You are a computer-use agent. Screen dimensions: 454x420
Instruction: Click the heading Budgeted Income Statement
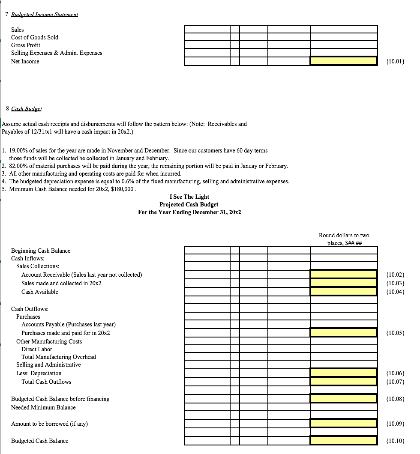pyautogui.click(x=44, y=14)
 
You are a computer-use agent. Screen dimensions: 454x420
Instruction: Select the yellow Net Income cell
pyautogui.click(x=344, y=61)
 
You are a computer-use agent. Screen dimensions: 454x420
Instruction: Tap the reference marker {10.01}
pyautogui.click(x=396, y=61)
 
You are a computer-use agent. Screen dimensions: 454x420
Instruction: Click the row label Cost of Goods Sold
pyautogui.click(x=35, y=37)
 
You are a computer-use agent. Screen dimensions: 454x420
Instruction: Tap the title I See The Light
pyautogui.click(x=189, y=197)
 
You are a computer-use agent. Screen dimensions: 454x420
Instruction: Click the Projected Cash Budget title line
pyautogui.click(x=189, y=204)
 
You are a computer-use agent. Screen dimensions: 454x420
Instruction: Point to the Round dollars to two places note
pyautogui.click(x=344, y=239)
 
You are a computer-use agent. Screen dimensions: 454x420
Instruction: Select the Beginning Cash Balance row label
pyautogui.click(x=41, y=251)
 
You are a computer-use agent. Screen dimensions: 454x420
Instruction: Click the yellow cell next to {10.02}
pyautogui.click(x=344, y=274)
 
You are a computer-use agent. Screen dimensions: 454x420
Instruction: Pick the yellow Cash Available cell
pyautogui.click(x=344, y=292)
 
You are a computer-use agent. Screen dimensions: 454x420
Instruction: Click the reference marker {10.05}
pyautogui.click(x=396, y=333)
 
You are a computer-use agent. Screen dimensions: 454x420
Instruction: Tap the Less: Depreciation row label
pyautogui.click(x=39, y=373)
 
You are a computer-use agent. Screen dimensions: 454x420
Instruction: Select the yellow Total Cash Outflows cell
pyautogui.click(x=344, y=382)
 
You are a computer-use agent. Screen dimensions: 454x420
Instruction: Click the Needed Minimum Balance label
pyautogui.click(x=43, y=407)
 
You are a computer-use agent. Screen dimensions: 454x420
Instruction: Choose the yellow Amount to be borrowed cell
pyautogui.click(x=344, y=424)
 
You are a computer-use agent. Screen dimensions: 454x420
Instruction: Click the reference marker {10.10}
pyautogui.click(x=396, y=441)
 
